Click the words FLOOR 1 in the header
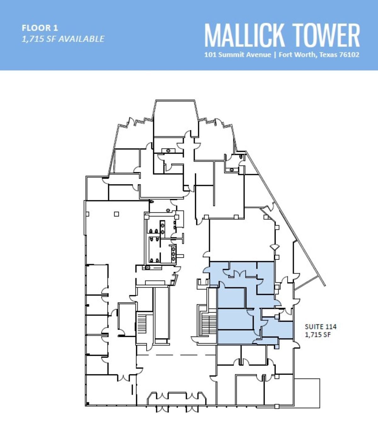coord(40,28)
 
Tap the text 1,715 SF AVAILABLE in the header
coord(63,39)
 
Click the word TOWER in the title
coord(326,35)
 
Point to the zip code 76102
coord(349,55)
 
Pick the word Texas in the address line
coord(328,55)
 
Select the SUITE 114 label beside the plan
coord(320,327)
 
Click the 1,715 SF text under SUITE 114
coord(318,335)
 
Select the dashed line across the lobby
coord(176,355)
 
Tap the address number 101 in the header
coord(210,55)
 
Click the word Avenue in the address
coord(259,55)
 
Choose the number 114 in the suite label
coord(331,327)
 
